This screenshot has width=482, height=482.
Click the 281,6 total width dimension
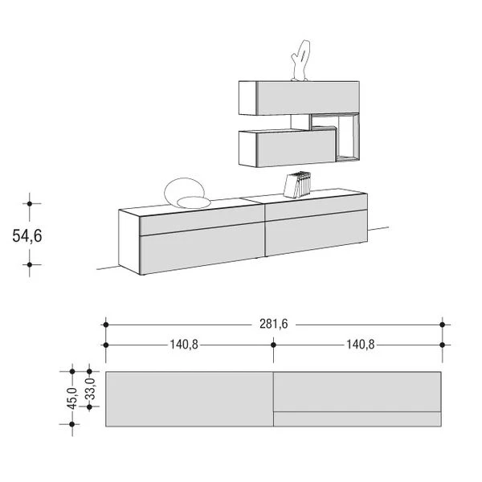click(274, 324)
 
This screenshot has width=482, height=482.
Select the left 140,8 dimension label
click(184, 345)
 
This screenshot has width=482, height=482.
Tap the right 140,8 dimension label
click(361, 345)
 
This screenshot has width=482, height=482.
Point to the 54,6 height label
click(27, 236)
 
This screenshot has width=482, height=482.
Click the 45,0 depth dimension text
click(72, 398)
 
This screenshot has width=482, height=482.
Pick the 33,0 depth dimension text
click(90, 388)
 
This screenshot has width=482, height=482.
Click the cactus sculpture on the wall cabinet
click(300, 60)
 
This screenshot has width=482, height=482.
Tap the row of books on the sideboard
click(297, 185)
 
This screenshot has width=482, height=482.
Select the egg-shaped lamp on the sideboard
click(187, 194)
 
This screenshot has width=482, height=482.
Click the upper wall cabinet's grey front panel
click(308, 97)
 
